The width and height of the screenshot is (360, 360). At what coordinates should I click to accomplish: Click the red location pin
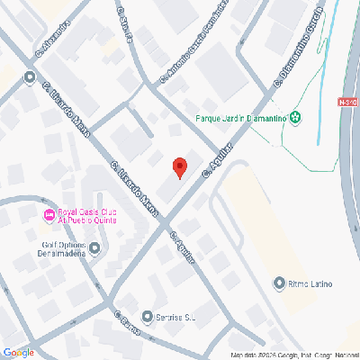pos(179,166)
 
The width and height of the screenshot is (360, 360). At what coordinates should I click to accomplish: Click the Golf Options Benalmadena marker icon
pos(95,247)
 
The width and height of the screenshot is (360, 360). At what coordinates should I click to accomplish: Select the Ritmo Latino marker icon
pos(280,284)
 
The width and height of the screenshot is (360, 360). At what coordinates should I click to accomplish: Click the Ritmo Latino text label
pos(312,285)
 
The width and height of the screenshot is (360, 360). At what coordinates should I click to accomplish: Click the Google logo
pos(18,352)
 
